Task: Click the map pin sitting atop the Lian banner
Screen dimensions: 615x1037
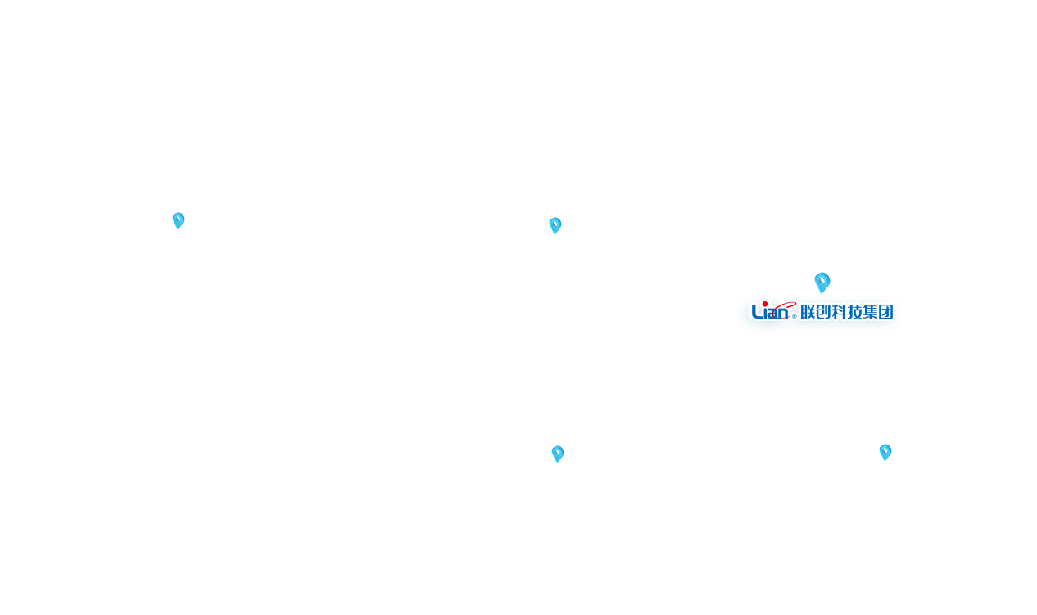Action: click(822, 283)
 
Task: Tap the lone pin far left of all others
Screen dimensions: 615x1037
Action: click(179, 220)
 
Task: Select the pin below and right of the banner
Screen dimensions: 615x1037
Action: click(885, 452)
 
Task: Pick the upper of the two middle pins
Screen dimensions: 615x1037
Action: click(555, 225)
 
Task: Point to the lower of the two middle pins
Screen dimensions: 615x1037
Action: click(558, 454)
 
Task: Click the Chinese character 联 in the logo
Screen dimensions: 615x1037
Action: click(808, 312)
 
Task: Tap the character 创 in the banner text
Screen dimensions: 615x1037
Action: click(822, 312)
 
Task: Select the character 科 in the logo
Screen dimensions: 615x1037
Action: click(839, 312)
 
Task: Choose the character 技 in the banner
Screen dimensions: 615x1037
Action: click(854, 312)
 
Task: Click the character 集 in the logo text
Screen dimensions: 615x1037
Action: click(871, 312)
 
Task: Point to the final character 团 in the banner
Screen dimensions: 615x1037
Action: click(885, 312)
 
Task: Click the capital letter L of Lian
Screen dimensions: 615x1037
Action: click(757, 312)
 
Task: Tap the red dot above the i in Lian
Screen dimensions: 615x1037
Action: click(765, 304)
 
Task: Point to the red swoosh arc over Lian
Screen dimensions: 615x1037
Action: click(787, 304)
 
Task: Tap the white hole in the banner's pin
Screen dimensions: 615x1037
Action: click(822, 280)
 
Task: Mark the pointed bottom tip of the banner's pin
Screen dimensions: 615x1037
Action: click(821, 292)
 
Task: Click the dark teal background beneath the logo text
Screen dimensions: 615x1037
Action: click(819, 328)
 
